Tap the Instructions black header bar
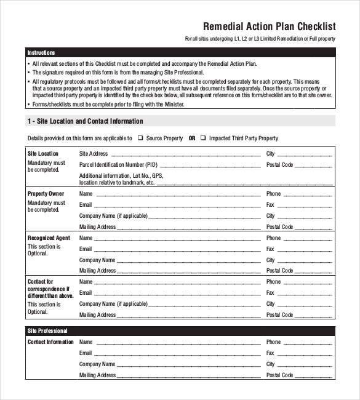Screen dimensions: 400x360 pos(181,53)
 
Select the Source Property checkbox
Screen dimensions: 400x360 pos(141,138)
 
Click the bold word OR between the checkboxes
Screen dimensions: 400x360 pos(192,138)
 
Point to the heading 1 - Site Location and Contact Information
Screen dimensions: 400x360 pos(85,121)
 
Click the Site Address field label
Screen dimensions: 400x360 pos(94,154)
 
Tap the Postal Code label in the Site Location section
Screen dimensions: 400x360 pos(279,165)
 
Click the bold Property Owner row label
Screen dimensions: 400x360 pos(46,194)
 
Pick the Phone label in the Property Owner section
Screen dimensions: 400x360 pos(273,194)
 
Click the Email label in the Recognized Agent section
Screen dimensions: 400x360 pos(86,249)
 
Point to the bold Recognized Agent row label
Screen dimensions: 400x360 pos(49,238)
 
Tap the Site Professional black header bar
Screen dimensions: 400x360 pos(181,331)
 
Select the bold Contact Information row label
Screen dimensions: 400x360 pos(50,342)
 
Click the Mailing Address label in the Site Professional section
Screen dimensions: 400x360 pos(97,375)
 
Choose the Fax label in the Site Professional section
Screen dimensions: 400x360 pos(270,353)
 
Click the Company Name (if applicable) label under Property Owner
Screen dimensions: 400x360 pos(114,216)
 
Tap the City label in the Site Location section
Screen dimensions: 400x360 pos(270,154)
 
